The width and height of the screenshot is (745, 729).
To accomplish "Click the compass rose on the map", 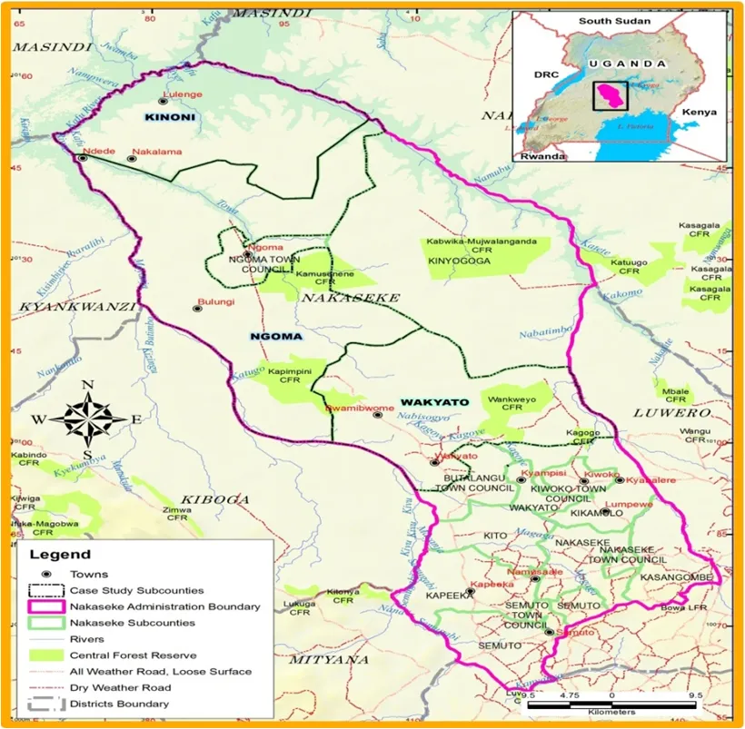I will [x=88, y=418].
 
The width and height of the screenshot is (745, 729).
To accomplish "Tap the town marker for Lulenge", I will [x=164, y=101].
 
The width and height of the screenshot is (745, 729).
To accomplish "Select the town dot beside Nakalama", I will [x=132, y=158].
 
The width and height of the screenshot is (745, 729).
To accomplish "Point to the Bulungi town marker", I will [x=197, y=309].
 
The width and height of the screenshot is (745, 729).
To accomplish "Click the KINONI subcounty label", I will [x=170, y=118].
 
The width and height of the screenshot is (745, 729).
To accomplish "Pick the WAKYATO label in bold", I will [x=434, y=401].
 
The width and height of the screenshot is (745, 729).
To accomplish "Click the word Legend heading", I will [x=60, y=554].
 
